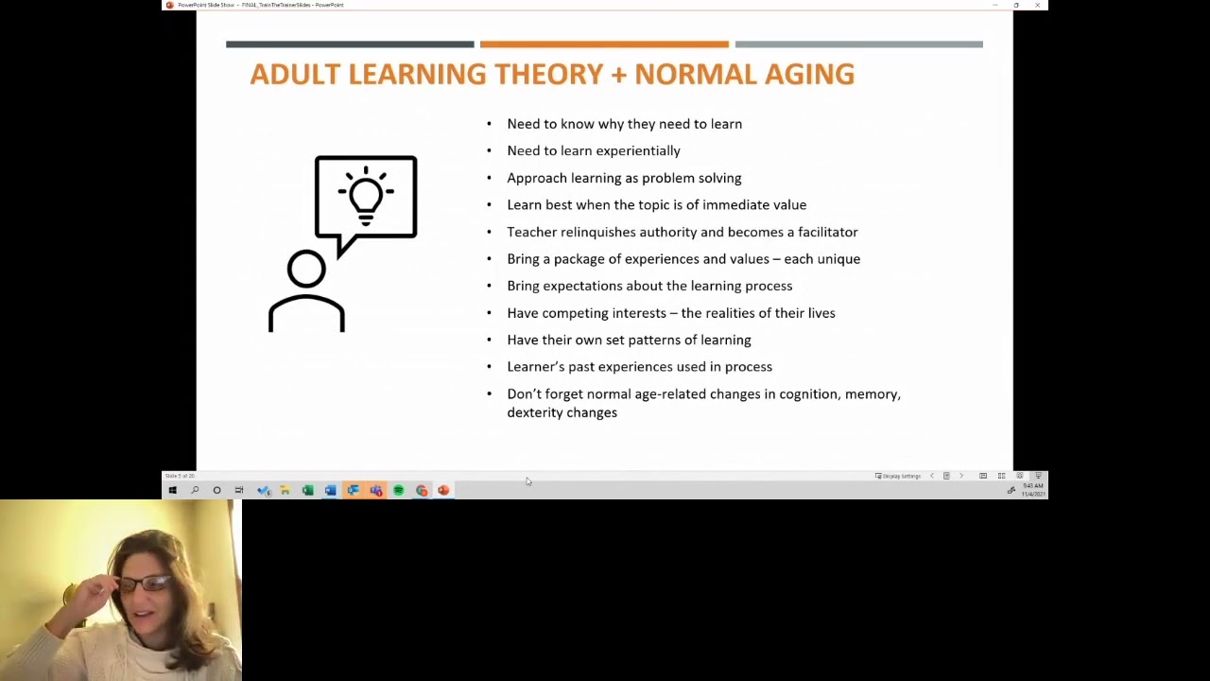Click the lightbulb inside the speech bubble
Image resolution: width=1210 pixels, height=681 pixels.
point(366,195)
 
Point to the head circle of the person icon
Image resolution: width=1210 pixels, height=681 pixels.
point(306,271)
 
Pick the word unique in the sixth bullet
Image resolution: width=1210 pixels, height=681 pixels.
point(838,259)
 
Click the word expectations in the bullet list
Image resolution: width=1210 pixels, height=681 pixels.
point(581,286)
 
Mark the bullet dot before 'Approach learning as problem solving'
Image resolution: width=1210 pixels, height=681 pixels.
point(489,178)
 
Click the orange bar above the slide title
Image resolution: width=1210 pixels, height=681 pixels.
point(604,44)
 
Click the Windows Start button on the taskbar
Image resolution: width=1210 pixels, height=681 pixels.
point(172,490)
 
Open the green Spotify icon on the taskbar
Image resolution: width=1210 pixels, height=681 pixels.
point(398,490)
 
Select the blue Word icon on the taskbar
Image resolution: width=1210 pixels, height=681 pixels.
point(330,490)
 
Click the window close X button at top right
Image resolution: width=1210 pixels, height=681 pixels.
point(1037,6)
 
